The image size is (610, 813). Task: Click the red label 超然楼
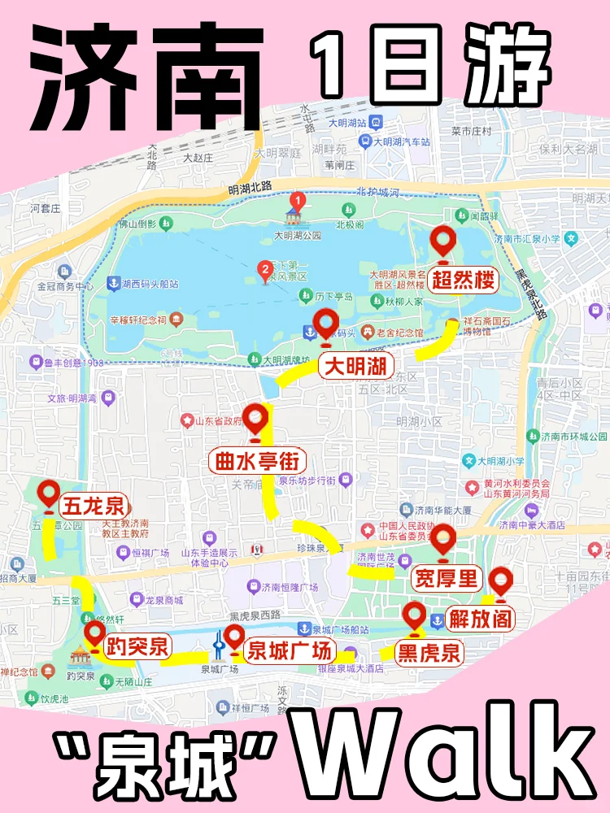point(463,281)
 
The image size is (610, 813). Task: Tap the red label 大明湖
point(355,366)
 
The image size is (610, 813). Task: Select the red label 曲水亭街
point(258,462)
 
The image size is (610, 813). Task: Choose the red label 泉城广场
point(290,650)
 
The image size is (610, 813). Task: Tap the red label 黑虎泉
point(428,652)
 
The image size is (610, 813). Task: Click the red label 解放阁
point(481,619)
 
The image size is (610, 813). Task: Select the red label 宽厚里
point(447,579)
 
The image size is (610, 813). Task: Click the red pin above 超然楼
point(444,241)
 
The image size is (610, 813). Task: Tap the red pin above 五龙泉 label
point(49,494)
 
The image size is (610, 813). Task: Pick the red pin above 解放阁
point(499,582)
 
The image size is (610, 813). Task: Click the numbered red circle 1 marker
point(298,198)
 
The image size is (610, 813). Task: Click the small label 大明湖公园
point(298,236)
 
